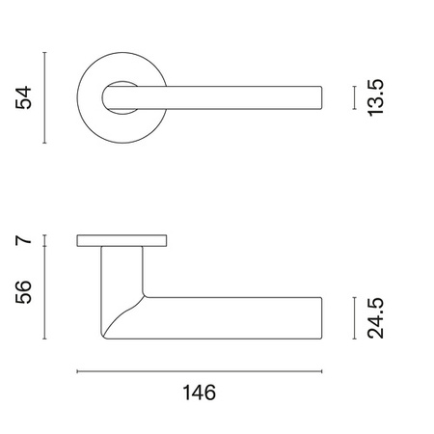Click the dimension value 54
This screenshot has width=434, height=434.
coord(23,97)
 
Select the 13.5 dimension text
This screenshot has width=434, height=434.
coord(375,97)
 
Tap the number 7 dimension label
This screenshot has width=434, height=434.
coord(23,240)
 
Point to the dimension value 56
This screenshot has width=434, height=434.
coord(23,292)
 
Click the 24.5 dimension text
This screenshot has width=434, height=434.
coord(375,318)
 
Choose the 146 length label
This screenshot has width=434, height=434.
coord(200,393)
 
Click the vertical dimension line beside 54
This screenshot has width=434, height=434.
coord(44,97)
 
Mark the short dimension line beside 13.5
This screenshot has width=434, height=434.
coord(354,97)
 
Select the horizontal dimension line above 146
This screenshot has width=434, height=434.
coord(200,371)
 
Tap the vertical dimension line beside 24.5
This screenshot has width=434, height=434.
coord(354,318)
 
